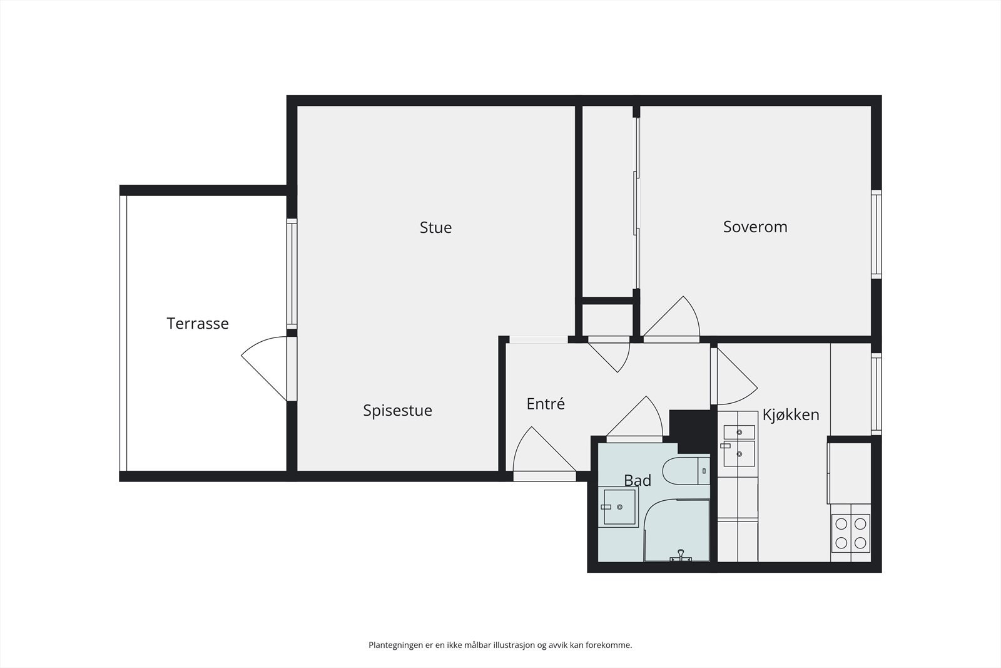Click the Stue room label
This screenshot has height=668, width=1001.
435,228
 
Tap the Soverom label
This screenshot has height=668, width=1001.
755,227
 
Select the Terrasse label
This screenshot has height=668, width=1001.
198,323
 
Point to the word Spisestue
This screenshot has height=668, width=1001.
397,411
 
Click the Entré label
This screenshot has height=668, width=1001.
545,404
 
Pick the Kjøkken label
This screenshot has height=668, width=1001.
791,415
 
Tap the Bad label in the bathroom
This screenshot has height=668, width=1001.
638,481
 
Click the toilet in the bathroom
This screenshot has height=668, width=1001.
686,471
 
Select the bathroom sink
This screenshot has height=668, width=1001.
619,506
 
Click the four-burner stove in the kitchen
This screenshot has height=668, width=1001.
851,533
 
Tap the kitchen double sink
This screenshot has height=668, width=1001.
739,445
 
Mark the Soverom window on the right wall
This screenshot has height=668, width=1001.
877,234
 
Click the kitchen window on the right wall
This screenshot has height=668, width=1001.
877,394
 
